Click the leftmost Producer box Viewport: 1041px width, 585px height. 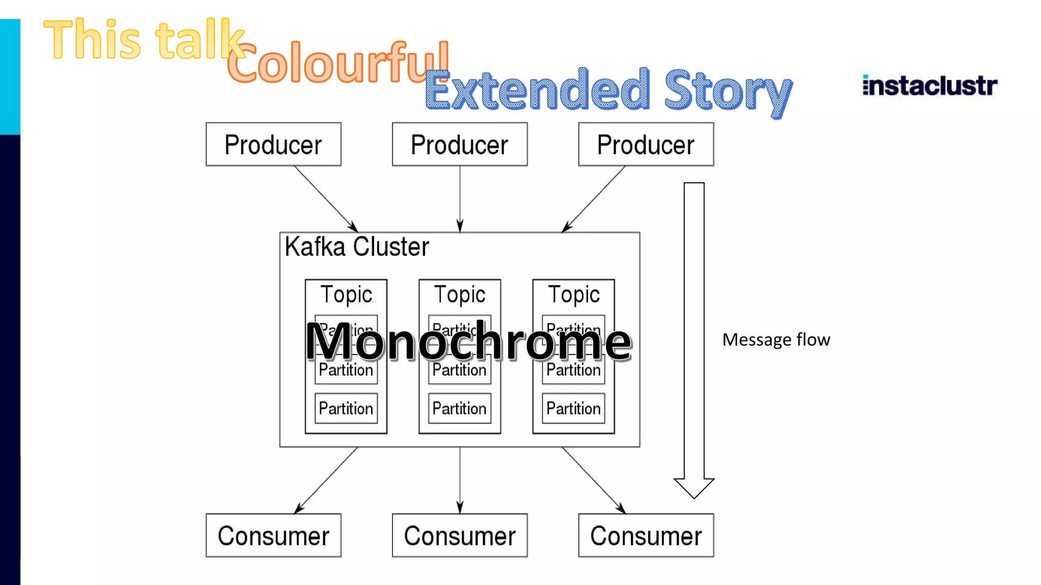point(273,144)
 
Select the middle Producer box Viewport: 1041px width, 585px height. point(460,144)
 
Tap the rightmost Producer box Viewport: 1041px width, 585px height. point(646,144)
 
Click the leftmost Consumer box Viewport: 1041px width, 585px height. point(273,535)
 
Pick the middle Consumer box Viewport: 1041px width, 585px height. point(460,535)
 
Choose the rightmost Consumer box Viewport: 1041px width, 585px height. point(646,535)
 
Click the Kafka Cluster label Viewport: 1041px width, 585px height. point(357,247)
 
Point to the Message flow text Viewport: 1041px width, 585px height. point(776,339)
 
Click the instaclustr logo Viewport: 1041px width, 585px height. point(930,85)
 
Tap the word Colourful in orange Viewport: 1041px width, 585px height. point(338,63)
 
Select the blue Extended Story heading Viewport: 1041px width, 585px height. point(608,90)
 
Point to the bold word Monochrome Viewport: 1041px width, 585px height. point(468,342)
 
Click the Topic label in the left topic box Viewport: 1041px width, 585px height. point(346,295)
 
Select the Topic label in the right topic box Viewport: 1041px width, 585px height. point(574,295)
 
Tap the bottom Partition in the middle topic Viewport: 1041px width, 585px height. point(460,408)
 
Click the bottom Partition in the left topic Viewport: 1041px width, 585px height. point(346,408)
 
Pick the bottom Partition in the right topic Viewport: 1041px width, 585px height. point(574,408)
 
